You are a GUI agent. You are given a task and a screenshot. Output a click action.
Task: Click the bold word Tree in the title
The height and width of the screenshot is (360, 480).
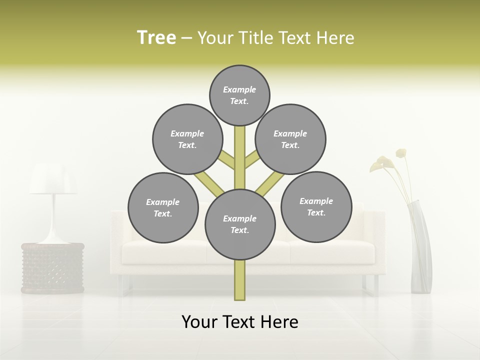[x=156, y=37]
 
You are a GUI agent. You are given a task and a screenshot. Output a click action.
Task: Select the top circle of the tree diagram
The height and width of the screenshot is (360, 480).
[x=239, y=95]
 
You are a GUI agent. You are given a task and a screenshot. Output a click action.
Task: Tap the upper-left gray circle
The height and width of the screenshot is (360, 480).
[x=187, y=139]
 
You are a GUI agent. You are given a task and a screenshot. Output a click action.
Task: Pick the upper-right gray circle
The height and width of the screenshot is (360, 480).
[x=290, y=139]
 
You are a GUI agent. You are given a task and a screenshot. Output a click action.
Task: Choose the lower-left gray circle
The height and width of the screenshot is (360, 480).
[x=163, y=207]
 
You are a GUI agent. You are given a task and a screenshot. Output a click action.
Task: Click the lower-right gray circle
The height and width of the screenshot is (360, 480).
[x=316, y=206]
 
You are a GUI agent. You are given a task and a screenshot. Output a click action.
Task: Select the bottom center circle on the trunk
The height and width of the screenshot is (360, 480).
[x=240, y=224]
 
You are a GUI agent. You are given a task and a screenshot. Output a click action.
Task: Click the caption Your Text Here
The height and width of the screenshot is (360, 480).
[x=240, y=322]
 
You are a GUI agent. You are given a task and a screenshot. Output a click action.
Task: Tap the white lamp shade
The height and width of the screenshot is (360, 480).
[x=53, y=180]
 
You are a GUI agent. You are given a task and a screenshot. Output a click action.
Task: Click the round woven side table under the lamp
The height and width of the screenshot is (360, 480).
[x=52, y=267]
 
